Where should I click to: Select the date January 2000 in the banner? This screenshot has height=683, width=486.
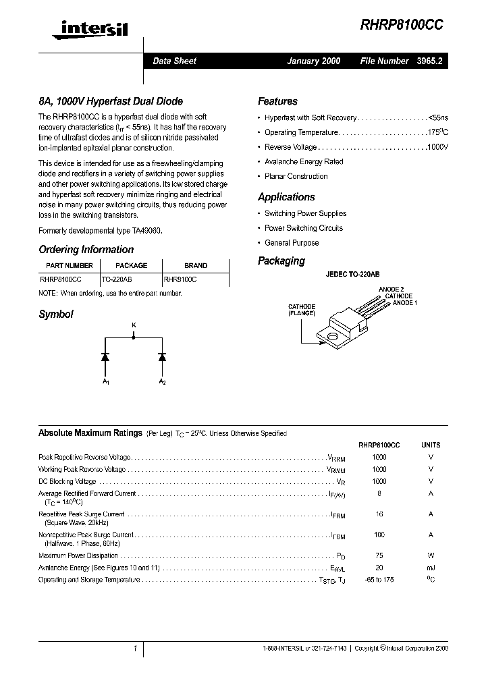click(x=314, y=61)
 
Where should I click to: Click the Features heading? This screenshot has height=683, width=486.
click(x=277, y=101)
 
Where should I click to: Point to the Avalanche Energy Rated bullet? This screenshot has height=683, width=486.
click(x=304, y=162)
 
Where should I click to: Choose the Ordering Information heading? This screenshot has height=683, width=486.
click(x=86, y=250)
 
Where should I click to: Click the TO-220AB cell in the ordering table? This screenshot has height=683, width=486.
click(x=117, y=278)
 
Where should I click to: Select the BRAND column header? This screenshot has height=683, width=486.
click(x=196, y=265)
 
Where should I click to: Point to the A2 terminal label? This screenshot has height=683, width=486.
click(x=162, y=382)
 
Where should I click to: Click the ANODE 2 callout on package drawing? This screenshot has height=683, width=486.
click(x=392, y=289)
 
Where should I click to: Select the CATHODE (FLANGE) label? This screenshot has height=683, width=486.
click(x=302, y=310)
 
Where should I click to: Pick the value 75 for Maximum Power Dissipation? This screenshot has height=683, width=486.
click(x=379, y=555)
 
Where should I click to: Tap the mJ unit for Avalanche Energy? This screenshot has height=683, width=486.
click(x=431, y=568)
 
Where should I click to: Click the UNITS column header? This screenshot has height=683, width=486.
click(x=431, y=445)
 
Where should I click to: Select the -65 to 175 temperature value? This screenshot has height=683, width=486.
click(x=379, y=580)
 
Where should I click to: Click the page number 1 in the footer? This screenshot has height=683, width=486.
click(x=136, y=648)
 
